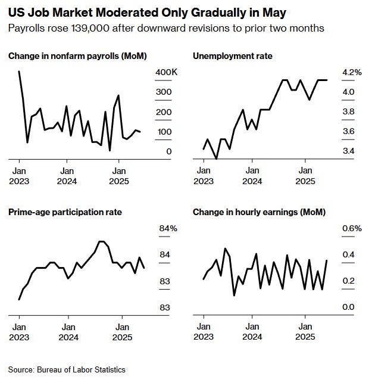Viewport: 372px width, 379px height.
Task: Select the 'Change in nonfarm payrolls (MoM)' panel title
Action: pyautogui.click(x=77, y=56)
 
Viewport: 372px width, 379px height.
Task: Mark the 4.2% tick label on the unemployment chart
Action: pyautogui.click(x=351, y=72)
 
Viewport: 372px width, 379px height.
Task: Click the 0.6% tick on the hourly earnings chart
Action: pyautogui.click(x=351, y=228)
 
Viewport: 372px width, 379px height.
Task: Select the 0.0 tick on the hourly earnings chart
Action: pyautogui.click(x=348, y=307)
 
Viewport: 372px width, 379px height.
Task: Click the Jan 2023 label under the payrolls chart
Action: pyautogui.click(x=18, y=175)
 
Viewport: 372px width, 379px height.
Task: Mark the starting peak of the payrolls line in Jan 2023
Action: pyautogui.click(x=19, y=72)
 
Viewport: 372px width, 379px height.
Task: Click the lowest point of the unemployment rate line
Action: pyautogui.click(x=216, y=159)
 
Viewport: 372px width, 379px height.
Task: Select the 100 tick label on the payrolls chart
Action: pyautogui.click(x=164, y=132)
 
